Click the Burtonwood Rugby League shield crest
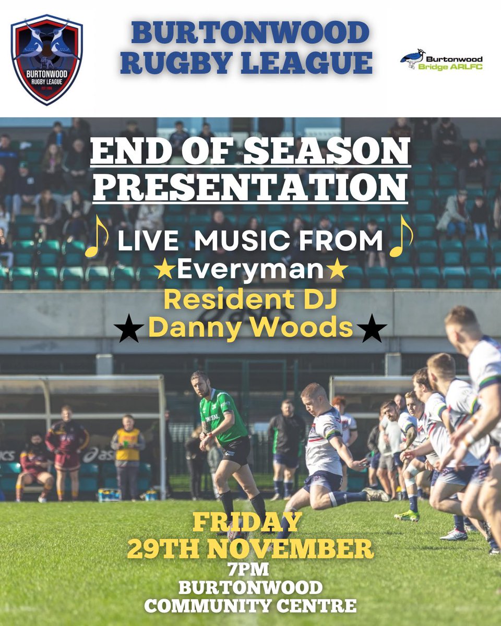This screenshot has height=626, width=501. [x=47, y=59]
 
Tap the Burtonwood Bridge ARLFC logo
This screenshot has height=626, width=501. [x=441, y=60]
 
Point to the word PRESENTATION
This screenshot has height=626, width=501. [x=249, y=186]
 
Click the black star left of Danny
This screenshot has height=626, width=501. [x=128, y=329]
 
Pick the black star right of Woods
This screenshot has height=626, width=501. [x=372, y=329]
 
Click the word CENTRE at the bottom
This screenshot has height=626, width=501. [x=319, y=606]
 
